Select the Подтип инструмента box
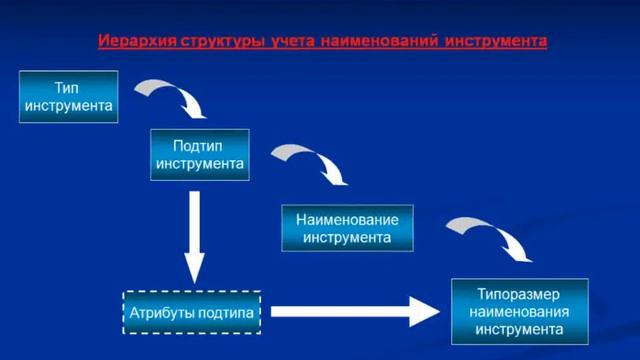[199, 153]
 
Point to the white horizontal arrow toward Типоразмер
[355, 311]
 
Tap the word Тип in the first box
[66, 88]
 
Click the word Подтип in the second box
[199, 145]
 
